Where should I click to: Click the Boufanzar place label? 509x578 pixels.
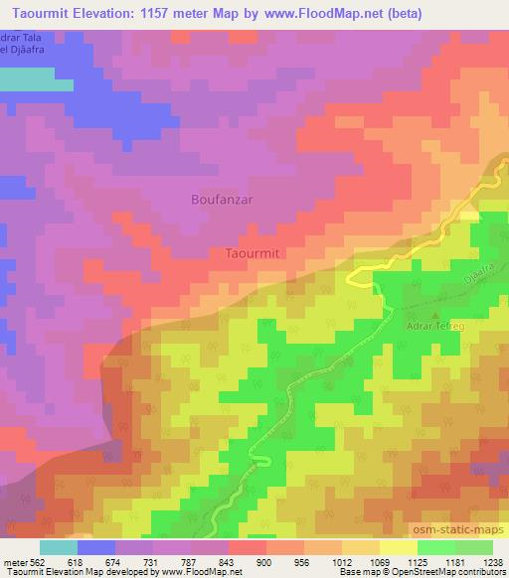(x=221, y=200)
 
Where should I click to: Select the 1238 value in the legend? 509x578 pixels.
(x=492, y=561)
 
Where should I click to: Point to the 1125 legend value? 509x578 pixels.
(x=418, y=561)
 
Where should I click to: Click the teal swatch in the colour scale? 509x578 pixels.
(x=59, y=546)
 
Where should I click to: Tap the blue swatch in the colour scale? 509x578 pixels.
(x=96, y=546)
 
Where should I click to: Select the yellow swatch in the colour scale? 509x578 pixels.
(x=397, y=546)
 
